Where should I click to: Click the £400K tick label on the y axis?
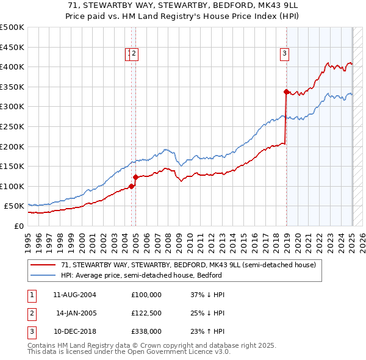(12, 67)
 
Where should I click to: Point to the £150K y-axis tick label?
(12, 166)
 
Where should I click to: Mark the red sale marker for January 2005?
(135, 177)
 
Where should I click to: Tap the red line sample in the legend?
(43, 265)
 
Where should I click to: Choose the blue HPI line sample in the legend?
(43, 275)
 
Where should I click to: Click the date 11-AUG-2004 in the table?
(75, 295)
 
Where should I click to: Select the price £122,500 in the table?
(146, 314)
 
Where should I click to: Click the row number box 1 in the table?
(31, 295)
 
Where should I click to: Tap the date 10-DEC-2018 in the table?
(75, 333)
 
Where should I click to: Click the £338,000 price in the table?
(146, 333)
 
